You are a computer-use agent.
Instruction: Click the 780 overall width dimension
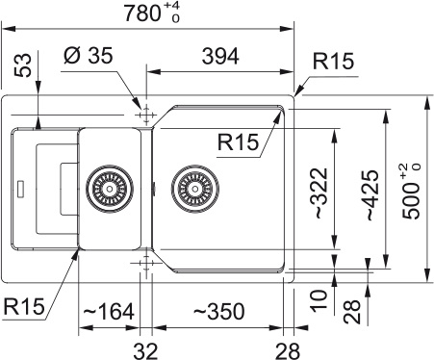point(145,13)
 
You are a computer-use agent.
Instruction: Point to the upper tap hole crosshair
point(145,115)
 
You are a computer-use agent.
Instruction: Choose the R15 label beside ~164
point(24,307)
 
